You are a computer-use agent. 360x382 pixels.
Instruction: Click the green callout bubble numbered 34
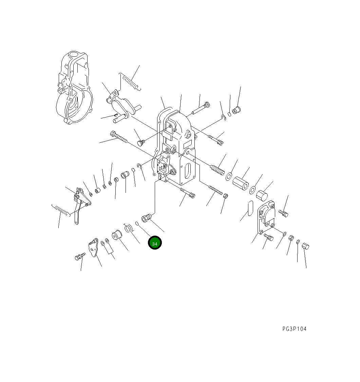(x=155, y=243)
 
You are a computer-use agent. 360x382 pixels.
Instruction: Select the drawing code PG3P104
(x=294, y=329)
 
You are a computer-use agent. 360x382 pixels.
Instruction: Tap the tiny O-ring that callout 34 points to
(x=137, y=223)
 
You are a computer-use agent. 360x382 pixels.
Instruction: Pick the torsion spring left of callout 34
(x=128, y=228)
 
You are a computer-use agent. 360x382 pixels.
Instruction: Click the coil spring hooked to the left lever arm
(x=61, y=211)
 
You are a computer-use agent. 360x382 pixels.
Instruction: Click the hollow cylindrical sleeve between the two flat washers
(x=241, y=183)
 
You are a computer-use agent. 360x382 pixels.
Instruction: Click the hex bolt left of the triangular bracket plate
(x=79, y=257)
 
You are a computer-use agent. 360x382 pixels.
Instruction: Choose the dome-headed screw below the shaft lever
(x=140, y=143)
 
